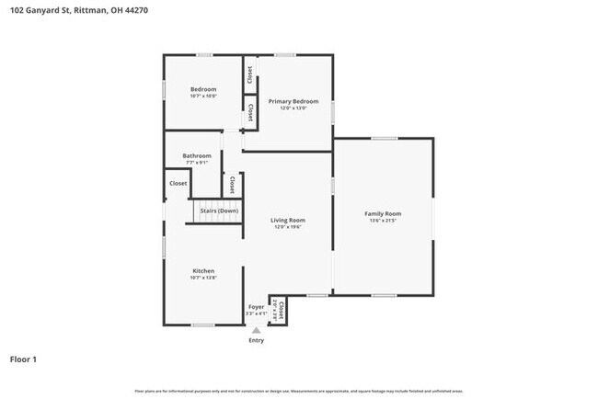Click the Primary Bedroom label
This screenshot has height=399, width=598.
[x=293, y=100]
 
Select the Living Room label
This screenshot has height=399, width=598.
[x=288, y=220]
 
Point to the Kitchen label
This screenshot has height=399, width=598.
[x=203, y=270]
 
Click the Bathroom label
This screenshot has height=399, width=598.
[x=197, y=155]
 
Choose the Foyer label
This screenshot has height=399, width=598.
[x=256, y=306]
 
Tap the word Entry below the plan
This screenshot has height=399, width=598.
[x=256, y=341]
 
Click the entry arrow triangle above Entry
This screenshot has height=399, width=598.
[x=256, y=330]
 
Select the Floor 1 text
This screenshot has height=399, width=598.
[x=23, y=359]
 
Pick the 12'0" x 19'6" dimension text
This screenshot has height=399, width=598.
[x=288, y=227]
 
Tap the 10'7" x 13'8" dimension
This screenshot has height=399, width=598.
[x=203, y=278]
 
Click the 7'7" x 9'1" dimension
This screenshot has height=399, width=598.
[x=197, y=163]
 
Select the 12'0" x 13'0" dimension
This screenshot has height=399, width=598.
[x=293, y=108]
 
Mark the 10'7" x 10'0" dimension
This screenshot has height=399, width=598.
[x=203, y=96]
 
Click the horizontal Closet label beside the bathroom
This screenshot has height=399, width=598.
[x=178, y=183]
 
